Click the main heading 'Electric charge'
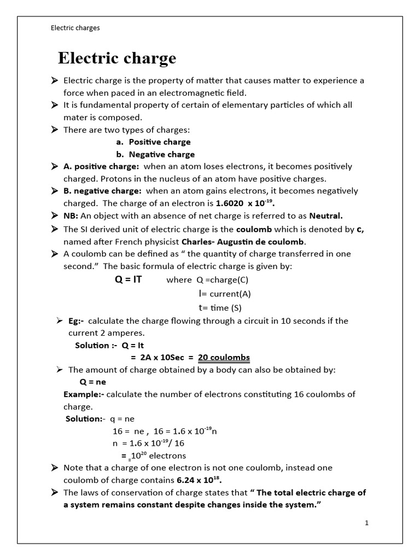click(x=117, y=59)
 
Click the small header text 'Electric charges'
click(x=75, y=28)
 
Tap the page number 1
click(x=367, y=523)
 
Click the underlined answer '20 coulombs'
click(x=224, y=358)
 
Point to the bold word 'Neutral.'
click(x=326, y=215)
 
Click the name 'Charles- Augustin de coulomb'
click(x=244, y=242)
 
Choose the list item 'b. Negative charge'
click(x=155, y=155)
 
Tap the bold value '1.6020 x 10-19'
click(x=245, y=203)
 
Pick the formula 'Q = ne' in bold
click(x=92, y=382)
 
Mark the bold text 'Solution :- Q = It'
click(x=109, y=346)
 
